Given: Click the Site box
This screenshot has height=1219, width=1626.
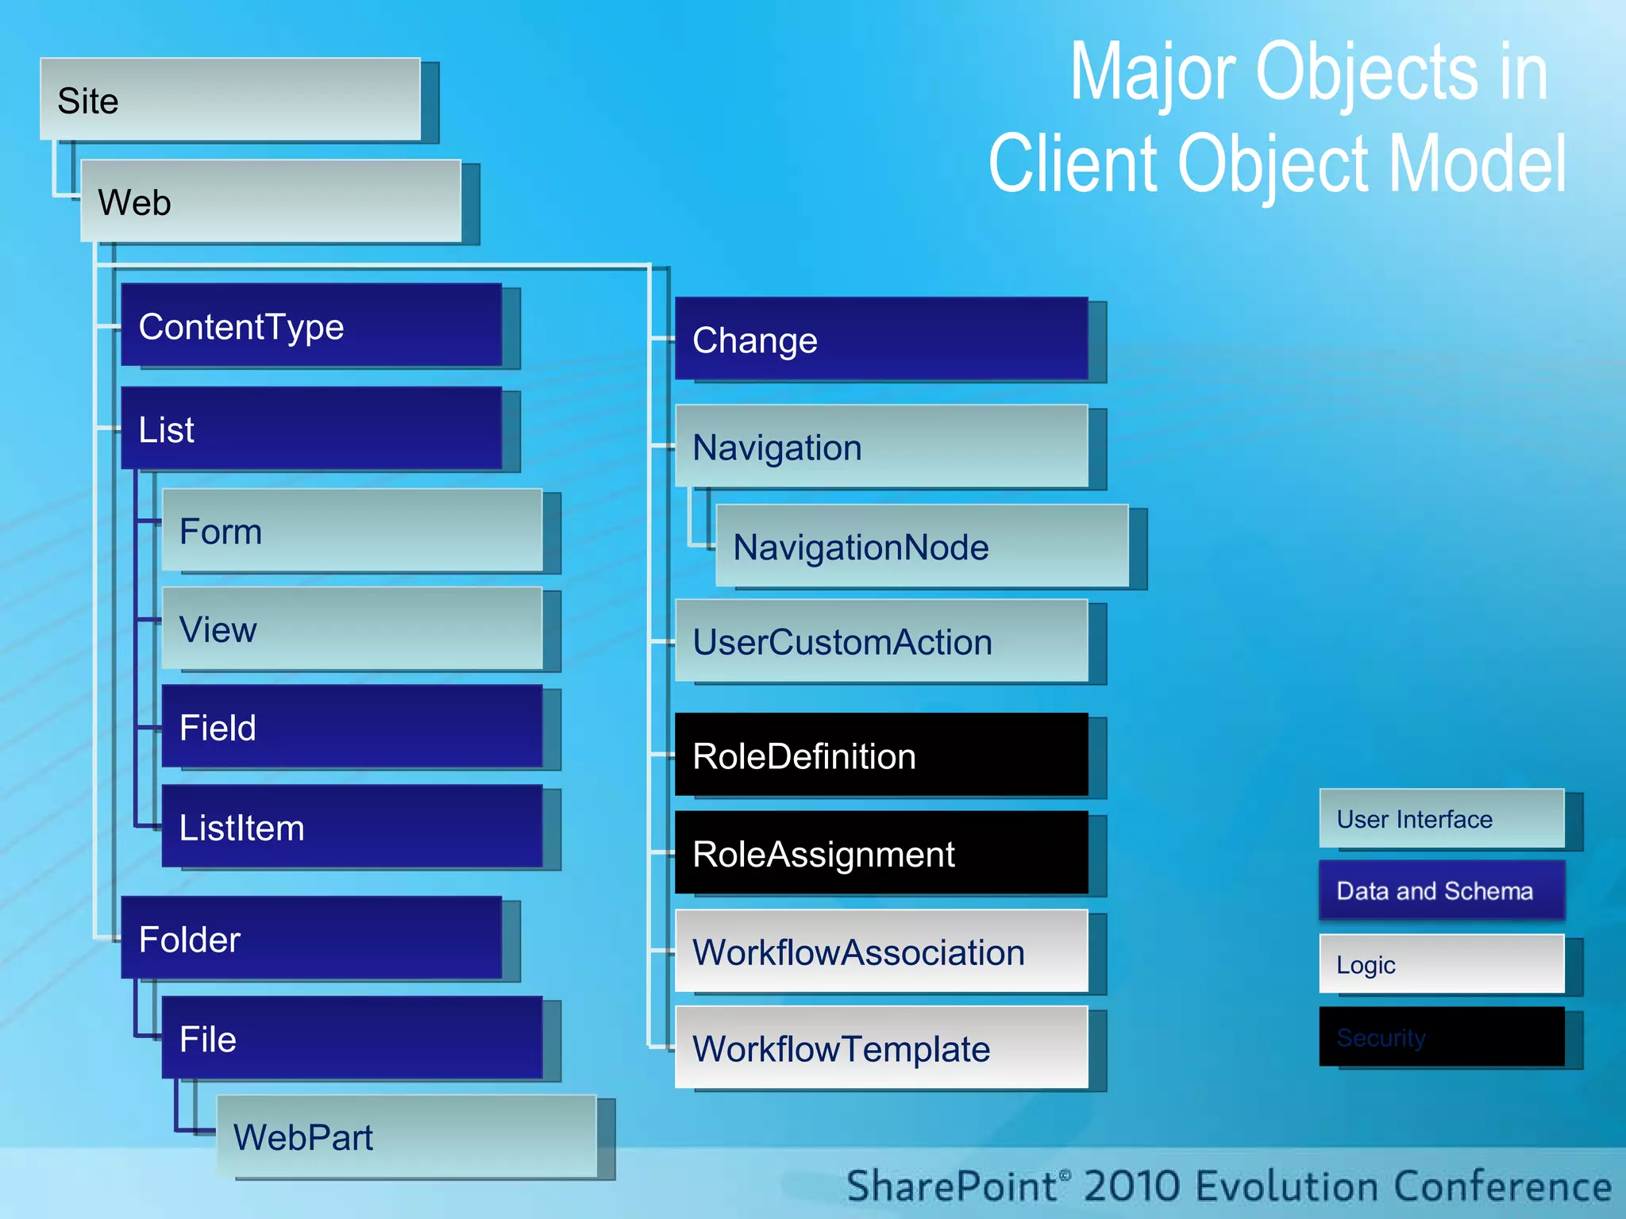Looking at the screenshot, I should (x=230, y=100).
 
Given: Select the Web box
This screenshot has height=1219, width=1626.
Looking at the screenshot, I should (x=271, y=202).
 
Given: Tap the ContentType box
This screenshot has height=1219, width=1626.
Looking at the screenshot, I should (x=311, y=325).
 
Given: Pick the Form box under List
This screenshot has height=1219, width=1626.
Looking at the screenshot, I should (x=352, y=530).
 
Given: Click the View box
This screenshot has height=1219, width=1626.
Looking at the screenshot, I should (x=352, y=629).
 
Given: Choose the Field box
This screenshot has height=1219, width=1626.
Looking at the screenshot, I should (x=352, y=727).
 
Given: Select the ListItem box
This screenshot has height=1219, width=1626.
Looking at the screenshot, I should (x=352, y=827).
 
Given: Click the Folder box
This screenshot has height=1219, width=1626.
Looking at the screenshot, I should (x=311, y=938).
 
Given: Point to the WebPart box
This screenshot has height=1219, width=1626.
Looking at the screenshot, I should (x=406, y=1136).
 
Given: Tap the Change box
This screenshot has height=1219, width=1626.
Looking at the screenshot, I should (x=881, y=340).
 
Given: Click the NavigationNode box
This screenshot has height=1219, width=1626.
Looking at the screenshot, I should (x=922, y=547).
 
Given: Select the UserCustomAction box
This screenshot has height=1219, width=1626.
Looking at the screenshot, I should (x=881, y=641).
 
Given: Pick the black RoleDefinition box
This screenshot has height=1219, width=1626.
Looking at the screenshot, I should (x=881, y=756).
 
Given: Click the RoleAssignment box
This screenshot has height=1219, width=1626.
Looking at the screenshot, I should (x=881, y=853).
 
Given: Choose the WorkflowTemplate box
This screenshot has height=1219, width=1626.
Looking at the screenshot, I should (x=881, y=1048).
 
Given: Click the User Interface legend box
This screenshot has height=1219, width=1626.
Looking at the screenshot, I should (x=1442, y=818).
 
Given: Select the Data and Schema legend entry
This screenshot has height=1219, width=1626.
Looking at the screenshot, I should (x=1442, y=890).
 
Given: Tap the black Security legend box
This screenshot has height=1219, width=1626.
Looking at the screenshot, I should (x=1442, y=1036).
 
